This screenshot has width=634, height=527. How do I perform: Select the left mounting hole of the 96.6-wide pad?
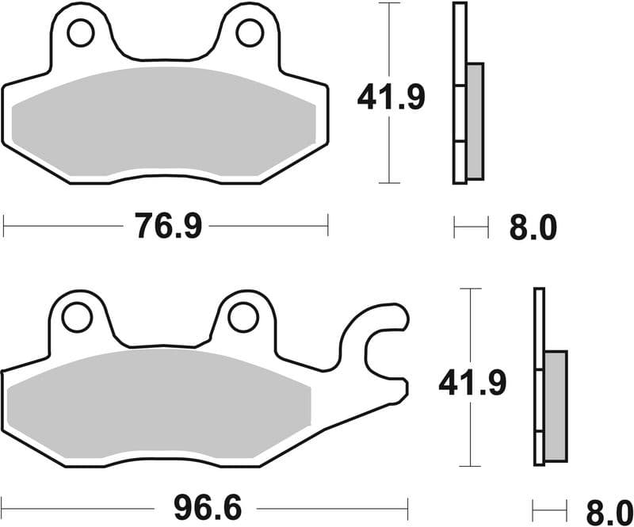point(77,318)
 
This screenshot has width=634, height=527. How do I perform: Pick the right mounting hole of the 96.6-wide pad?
point(243,317)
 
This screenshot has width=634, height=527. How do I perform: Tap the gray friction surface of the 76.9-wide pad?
point(165,123)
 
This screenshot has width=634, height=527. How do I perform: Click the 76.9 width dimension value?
point(168,227)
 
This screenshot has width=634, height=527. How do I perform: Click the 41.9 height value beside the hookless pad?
point(391,97)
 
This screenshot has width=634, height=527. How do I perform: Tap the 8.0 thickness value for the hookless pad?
point(533,229)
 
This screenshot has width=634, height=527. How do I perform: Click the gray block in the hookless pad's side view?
point(474,120)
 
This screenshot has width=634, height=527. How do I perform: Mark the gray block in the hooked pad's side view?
point(556,406)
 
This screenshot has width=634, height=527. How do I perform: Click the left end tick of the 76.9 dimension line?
point(4,225)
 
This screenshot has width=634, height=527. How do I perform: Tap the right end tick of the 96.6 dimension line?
point(407,504)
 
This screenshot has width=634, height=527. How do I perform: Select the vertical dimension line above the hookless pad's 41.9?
point(388,40)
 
